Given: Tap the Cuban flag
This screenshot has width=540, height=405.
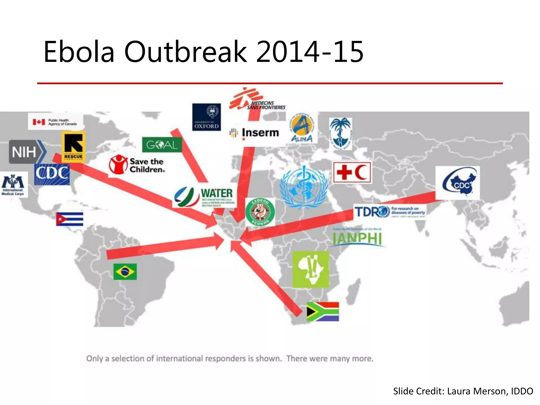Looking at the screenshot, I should click(70, 219).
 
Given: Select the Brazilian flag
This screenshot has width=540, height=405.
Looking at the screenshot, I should click(125, 271).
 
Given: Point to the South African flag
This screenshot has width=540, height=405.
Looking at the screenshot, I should click(323, 311).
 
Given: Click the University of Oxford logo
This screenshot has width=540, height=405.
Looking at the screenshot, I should click(206, 117).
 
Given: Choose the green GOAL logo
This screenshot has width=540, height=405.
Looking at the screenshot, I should click(162, 144).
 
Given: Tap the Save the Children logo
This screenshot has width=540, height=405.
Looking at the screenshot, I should click(137, 165).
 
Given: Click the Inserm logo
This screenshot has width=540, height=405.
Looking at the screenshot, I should click(255, 133).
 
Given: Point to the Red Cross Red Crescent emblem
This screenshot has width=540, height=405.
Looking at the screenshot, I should click(352, 172).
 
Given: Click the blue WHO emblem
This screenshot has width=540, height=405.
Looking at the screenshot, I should click(304, 186).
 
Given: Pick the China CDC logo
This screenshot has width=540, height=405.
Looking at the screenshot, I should click(458, 183).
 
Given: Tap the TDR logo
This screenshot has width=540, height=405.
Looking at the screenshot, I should click(390, 211).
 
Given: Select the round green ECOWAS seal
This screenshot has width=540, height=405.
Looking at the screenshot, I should click(260, 212).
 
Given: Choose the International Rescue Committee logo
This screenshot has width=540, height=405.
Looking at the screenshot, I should click(73, 147).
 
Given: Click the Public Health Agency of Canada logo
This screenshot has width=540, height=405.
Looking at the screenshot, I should click(55, 122).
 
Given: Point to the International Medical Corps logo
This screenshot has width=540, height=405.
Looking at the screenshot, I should click(13, 185).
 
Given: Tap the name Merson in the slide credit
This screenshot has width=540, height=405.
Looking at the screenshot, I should click(491, 391).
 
